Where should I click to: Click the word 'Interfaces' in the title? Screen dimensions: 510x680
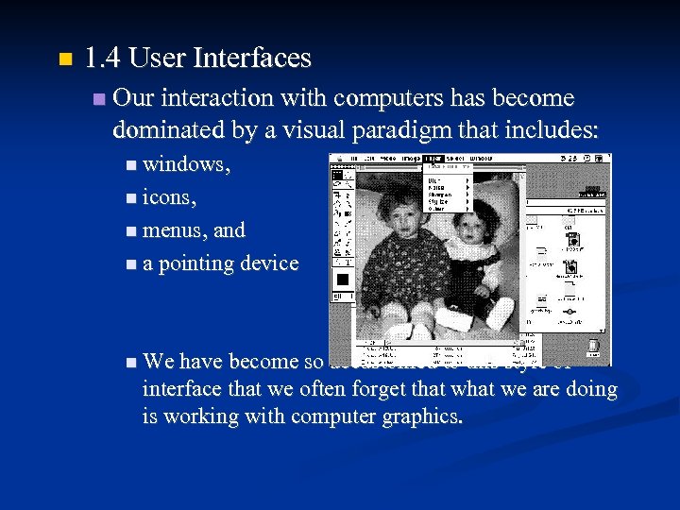click(x=251, y=59)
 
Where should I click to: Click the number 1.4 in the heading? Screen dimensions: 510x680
click(x=102, y=59)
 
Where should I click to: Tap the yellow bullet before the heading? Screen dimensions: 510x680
click(x=63, y=60)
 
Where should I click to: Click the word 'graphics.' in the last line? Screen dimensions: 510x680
click(x=416, y=416)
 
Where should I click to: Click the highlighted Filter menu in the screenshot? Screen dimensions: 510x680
click(x=433, y=159)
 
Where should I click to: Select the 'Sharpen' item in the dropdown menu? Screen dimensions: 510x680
click(x=440, y=195)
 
